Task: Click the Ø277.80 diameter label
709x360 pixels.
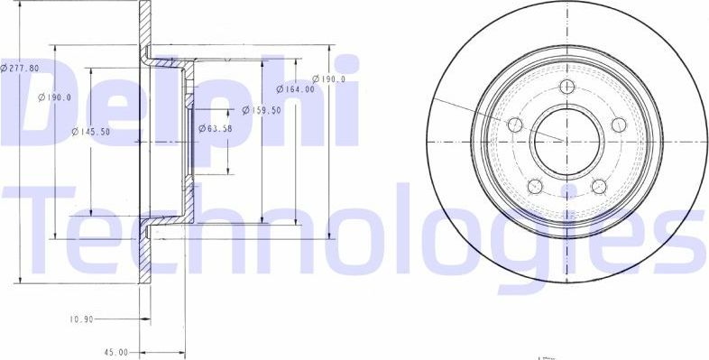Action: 19,68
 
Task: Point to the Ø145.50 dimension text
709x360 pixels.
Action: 91,133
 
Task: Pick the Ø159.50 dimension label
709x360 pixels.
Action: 262,110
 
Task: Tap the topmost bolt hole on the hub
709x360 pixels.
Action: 566,87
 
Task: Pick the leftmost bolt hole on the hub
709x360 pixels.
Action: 515,125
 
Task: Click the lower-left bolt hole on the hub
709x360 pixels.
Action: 535,186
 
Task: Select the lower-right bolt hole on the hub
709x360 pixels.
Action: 598,186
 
